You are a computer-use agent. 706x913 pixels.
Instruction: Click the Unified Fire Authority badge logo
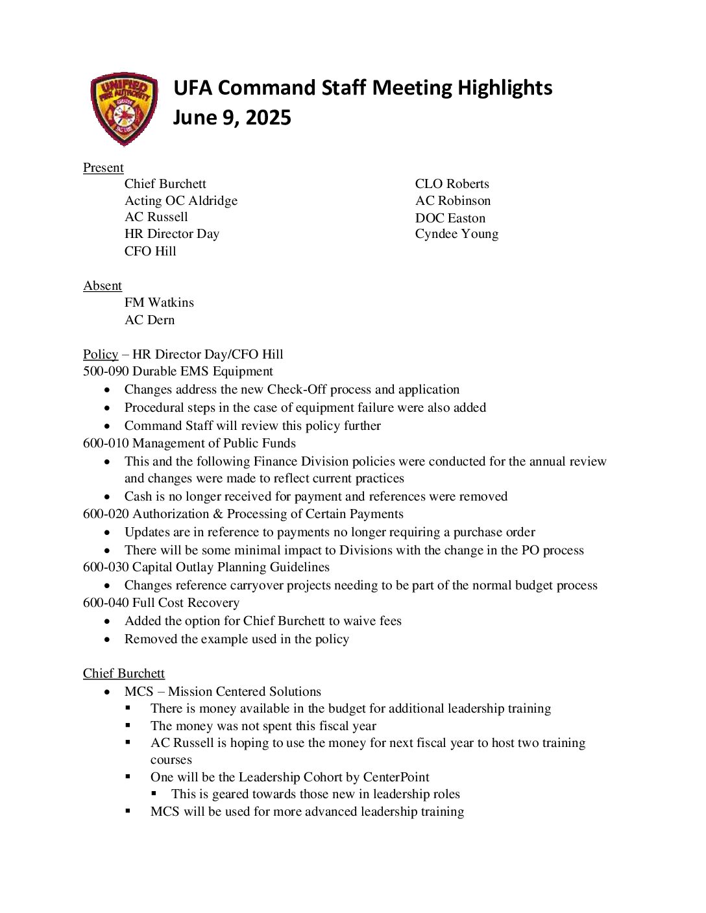click(x=124, y=108)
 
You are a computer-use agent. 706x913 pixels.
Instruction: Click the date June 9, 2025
click(x=232, y=117)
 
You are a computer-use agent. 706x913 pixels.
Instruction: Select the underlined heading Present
click(x=103, y=167)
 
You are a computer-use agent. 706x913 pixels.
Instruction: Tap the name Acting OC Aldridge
click(x=180, y=200)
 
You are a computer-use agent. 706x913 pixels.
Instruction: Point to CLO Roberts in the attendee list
click(x=452, y=184)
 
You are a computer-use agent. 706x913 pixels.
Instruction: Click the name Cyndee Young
click(x=456, y=233)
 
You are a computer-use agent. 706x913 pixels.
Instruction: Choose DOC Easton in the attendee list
click(x=450, y=218)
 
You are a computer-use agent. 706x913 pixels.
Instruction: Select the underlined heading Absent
click(x=103, y=285)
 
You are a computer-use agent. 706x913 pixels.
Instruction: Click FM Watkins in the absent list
click(x=159, y=302)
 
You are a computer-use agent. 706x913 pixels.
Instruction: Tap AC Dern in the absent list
click(x=149, y=320)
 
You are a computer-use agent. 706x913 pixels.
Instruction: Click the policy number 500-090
click(x=106, y=371)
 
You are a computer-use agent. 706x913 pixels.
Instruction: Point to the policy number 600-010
click(x=106, y=443)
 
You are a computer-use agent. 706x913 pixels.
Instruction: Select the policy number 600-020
click(x=106, y=514)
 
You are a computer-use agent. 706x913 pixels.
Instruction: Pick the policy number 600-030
click(x=106, y=567)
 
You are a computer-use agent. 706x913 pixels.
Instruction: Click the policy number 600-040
click(x=106, y=602)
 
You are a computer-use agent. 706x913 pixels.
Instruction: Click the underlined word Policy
click(x=101, y=354)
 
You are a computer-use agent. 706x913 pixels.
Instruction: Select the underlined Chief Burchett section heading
click(x=124, y=673)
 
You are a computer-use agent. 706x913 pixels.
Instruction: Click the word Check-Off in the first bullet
click(x=297, y=389)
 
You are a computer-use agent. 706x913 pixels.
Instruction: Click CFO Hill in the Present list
click(x=150, y=251)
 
